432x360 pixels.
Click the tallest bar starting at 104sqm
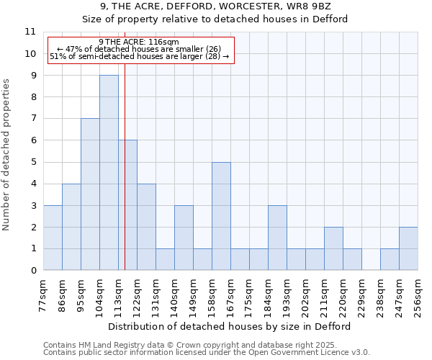click(x=109, y=173)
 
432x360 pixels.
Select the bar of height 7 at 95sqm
click(x=90, y=194)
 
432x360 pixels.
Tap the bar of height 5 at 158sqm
click(x=221, y=216)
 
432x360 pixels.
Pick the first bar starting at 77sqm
click(x=53, y=238)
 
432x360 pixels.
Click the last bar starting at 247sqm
click(x=408, y=248)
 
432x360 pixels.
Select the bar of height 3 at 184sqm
click(x=277, y=238)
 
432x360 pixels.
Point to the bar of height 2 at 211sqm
click(x=333, y=248)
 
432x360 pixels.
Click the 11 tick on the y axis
click(x=30, y=32)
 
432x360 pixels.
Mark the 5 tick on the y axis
click(x=33, y=162)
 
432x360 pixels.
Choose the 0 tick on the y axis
click(x=33, y=271)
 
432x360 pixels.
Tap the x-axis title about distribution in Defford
click(x=230, y=326)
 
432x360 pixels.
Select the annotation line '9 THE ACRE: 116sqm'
click(x=140, y=42)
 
